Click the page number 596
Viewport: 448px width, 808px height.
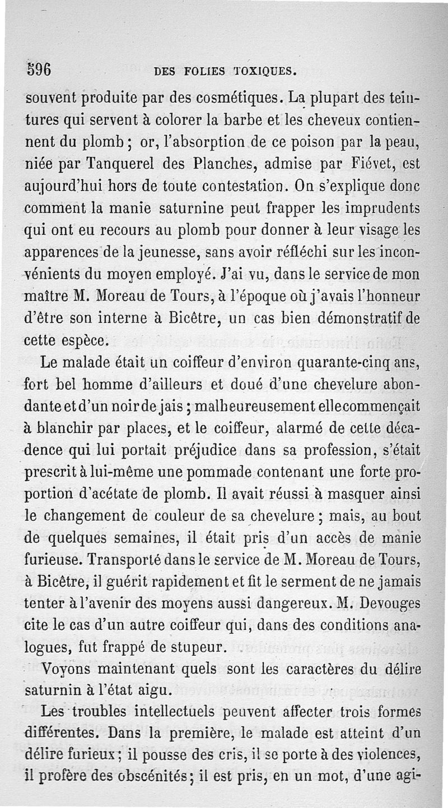point(39,69)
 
